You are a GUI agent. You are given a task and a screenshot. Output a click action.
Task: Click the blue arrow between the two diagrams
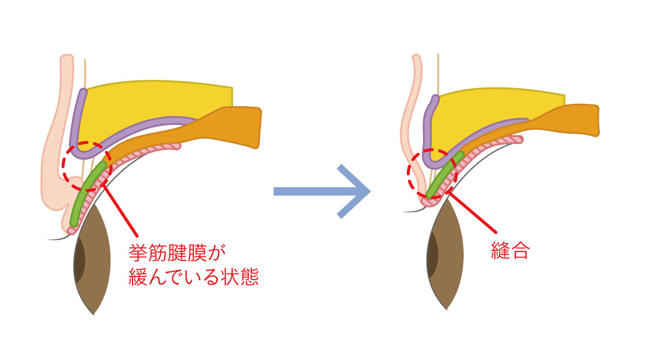point(324,191)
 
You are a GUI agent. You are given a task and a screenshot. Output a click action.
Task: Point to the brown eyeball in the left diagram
point(96,264)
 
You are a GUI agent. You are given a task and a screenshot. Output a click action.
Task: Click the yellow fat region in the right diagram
point(498,108)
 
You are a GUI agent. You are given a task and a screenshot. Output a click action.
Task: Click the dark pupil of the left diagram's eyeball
point(79,261)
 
